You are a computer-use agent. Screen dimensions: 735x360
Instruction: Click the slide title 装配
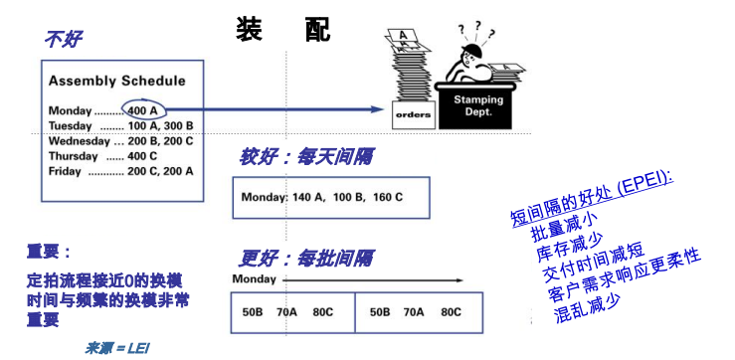tap(283, 29)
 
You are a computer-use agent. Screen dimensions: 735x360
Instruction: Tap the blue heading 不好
tap(64, 40)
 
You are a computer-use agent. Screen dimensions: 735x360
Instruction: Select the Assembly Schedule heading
tap(116, 81)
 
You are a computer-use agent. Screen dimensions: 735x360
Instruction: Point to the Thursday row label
tap(74, 156)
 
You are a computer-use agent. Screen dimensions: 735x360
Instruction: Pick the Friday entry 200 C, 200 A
tap(160, 172)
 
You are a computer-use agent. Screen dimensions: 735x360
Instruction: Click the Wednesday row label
tap(79, 141)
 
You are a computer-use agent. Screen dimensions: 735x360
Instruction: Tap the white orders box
tap(413, 114)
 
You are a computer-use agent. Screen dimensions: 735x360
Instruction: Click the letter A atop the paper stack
tap(402, 35)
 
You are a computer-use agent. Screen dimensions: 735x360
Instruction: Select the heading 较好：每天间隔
tap(306, 158)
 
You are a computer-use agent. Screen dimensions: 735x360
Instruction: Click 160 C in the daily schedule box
tap(388, 197)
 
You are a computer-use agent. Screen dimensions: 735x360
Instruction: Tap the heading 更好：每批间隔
tap(306, 259)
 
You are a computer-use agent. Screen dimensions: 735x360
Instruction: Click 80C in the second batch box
tap(451, 312)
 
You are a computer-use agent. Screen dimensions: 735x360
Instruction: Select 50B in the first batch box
tap(253, 312)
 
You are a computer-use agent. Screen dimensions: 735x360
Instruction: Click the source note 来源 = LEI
tap(117, 348)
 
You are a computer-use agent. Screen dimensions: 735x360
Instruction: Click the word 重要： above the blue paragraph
tap(49, 253)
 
